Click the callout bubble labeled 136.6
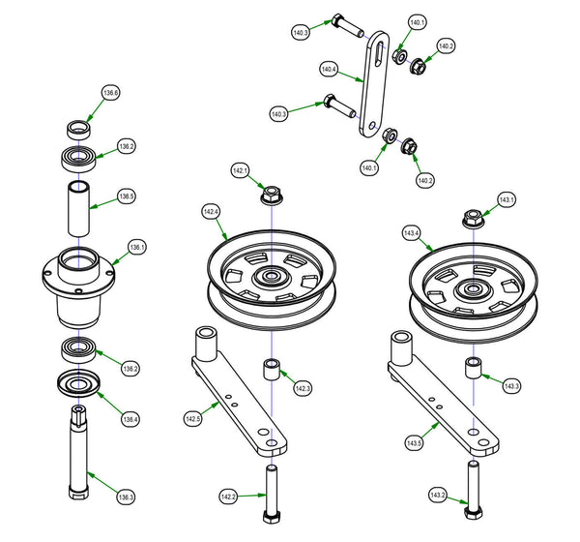(x=111, y=94)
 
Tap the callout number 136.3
(x=126, y=497)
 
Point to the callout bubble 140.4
(x=329, y=70)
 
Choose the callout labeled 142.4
(x=211, y=210)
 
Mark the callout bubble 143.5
(x=414, y=442)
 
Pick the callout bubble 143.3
(x=511, y=386)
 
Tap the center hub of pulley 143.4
(x=472, y=288)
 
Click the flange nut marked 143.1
(x=472, y=218)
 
